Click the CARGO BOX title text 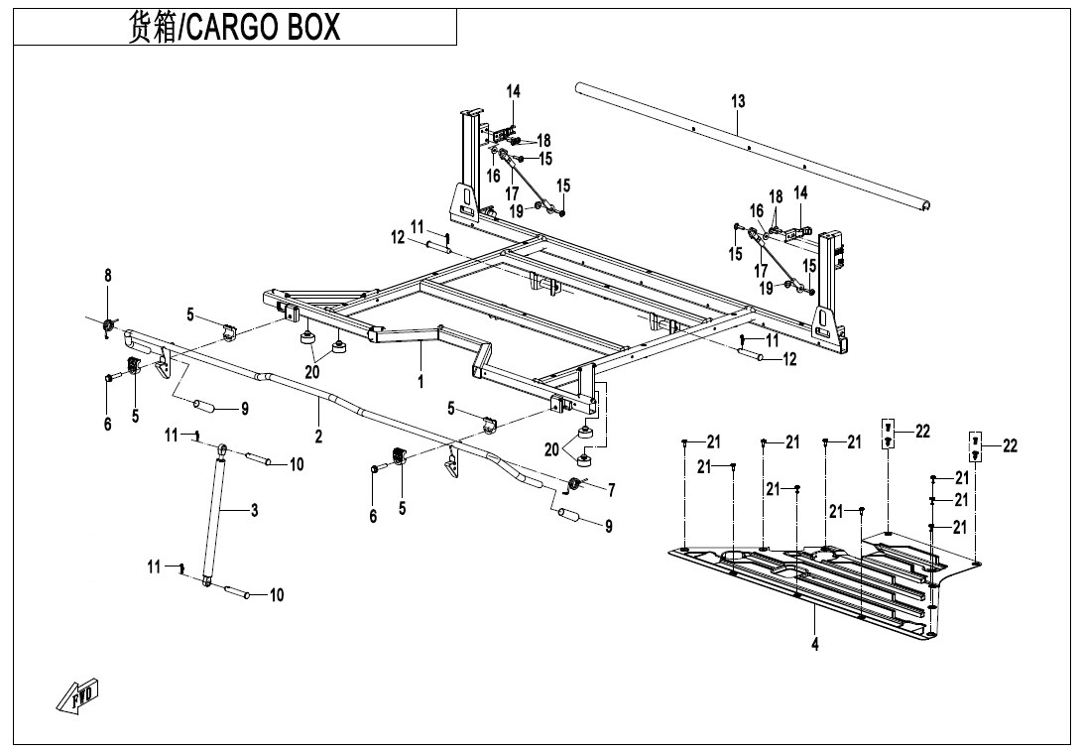[x=234, y=27]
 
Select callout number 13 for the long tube [x=738, y=101]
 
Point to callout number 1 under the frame [x=420, y=379]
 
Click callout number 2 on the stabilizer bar [x=318, y=435]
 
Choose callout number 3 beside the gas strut [x=255, y=510]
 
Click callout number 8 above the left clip [x=108, y=275]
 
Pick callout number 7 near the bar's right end [x=611, y=489]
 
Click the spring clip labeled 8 [x=109, y=326]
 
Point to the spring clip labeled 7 [x=573, y=484]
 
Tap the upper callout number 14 [x=514, y=91]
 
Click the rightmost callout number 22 [x=1010, y=446]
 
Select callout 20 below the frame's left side [x=312, y=372]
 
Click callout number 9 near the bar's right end [x=609, y=526]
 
